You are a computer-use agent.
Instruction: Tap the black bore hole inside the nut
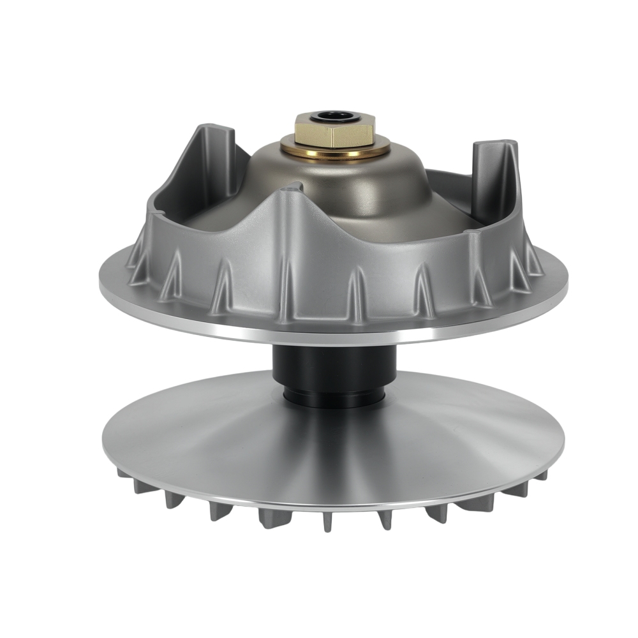click(x=330, y=116)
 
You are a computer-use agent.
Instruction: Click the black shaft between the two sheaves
click(x=335, y=367)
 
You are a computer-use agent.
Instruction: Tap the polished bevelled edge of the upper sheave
click(x=332, y=332)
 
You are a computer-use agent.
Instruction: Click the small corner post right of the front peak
click(x=473, y=239)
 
